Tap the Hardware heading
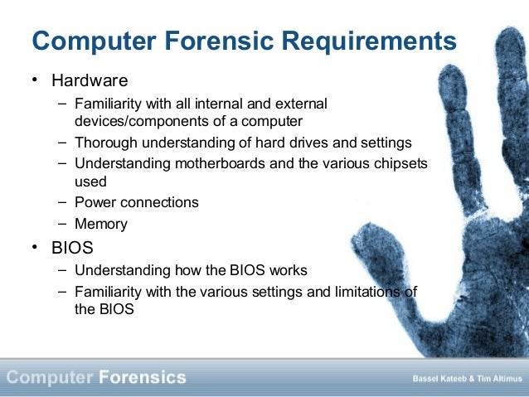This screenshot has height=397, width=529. [90, 81]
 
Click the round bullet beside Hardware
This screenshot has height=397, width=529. [35, 81]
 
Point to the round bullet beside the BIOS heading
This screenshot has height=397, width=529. [35, 248]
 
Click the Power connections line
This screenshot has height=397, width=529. [136, 202]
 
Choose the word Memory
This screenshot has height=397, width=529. [101, 224]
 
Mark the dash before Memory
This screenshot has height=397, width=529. [64, 224]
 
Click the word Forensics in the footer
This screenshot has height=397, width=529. [142, 378]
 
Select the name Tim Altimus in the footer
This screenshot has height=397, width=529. [497, 379]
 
